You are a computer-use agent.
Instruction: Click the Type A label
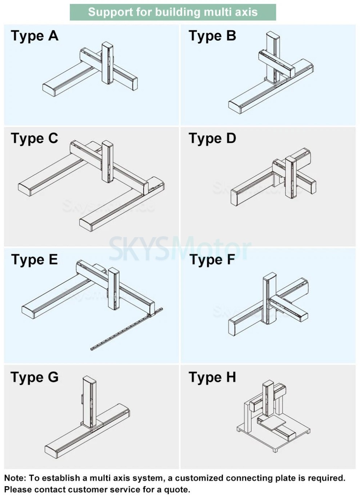(x=35, y=36)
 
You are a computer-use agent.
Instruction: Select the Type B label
(x=212, y=36)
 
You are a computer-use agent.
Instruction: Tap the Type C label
(x=35, y=139)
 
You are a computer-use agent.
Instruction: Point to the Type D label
(x=212, y=139)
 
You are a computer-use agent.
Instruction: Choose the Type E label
(x=35, y=260)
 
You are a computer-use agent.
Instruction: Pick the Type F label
(x=212, y=260)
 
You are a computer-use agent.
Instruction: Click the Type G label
(x=35, y=377)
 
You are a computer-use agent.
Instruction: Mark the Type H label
(x=212, y=377)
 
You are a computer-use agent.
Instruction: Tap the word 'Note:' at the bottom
(x=15, y=478)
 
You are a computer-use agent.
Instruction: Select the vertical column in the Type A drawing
(x=107, y=63)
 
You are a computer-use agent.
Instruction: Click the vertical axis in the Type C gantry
(x=107, y=161)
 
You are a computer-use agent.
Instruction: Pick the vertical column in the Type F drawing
(x=269, y=298)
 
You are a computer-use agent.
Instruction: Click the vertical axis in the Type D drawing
(x=291, y=177)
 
